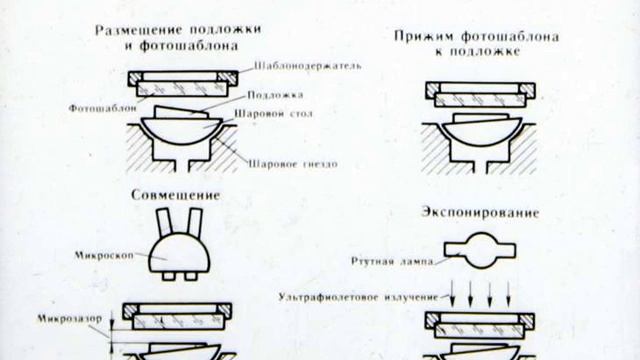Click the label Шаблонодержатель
[x=308, y=66]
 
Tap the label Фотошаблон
[x=102, y=108]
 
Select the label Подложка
[x=275, y=95]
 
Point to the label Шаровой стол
[x=273, y=113]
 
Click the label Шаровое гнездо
[x=293, y=164]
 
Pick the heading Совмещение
[x=176, y=195]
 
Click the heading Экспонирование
[x=480, y=213]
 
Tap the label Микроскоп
[x=104, y=256]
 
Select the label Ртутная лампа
[x=392, y=261]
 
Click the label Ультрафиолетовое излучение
[x=358, y=297]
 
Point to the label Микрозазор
[x=70, y=318]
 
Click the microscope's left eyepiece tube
[x=164, y=222]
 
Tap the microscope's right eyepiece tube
[x=194, y=222]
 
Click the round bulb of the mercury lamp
[x=480, y=250]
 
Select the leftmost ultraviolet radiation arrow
[x=452, y=293]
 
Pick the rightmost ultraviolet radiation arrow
[x=509, y=293]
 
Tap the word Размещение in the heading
[x=133, y=30]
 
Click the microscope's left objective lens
[x=169, y=276]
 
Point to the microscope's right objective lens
[x=191, y=276]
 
